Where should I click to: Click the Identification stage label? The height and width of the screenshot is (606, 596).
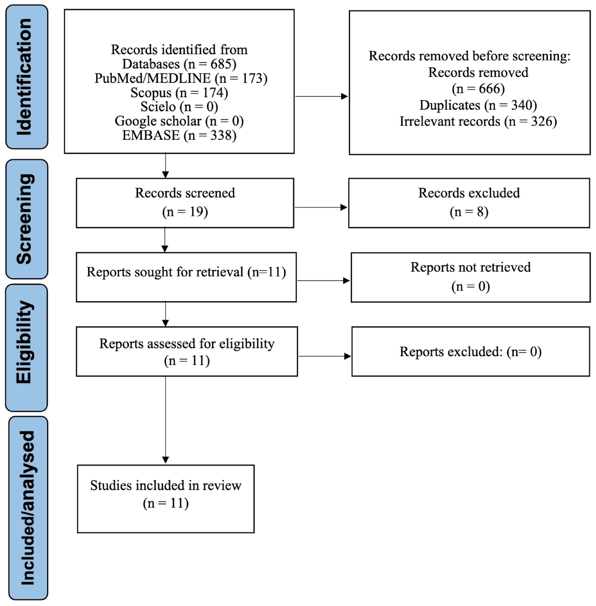tap(27, 77)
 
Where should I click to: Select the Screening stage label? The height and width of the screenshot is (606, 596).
tap(27, 219)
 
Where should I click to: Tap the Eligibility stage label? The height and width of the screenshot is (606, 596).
tap(27, 348)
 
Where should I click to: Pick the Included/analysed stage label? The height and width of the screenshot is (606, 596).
tap(28, 508)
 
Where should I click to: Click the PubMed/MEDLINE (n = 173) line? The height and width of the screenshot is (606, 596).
tap(181, 78)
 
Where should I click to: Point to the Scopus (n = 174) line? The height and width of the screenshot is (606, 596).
tap(179, 93)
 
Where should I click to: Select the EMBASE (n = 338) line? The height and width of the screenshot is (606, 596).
tap(179, 135)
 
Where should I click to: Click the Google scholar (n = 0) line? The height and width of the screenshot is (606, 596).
tap(179, 121)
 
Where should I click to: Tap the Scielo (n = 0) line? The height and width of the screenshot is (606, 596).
tap(179, 107)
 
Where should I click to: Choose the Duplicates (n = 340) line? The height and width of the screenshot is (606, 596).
tap(478, 105)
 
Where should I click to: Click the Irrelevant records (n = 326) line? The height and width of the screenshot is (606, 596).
tap(478, 122)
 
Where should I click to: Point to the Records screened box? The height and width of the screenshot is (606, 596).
tap(185, 203)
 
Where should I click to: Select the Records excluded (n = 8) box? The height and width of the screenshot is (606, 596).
tap(469, 203)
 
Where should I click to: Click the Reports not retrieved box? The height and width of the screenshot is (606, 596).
tap(470, 277)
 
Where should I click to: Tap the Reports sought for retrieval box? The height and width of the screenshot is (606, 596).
tap(186, 277)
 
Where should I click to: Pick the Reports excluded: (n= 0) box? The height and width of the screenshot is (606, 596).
tap(470, 351)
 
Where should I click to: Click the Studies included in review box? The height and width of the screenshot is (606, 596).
tap(166, 499)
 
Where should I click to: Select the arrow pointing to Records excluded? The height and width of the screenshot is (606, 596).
tap(321, 207)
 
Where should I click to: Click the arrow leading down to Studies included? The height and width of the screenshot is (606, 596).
tap(166, 420)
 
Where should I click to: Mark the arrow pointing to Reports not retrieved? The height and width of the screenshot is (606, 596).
tap(323, 281)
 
